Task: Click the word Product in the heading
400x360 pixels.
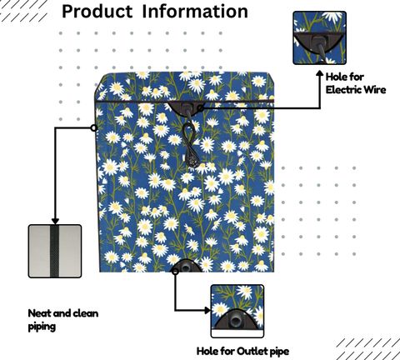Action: [x=97, y=12]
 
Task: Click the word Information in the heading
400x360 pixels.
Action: [x=195, y=11]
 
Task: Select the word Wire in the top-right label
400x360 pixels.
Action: [x=375, y=90]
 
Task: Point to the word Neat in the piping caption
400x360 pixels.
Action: [x=40, y=313]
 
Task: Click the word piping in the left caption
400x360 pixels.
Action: [x=42, y=327]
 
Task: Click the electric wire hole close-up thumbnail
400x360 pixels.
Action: [x=320, y=37]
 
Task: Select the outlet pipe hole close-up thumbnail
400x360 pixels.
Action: [x=237, y=311]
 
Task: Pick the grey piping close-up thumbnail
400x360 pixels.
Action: [x=55, y=251]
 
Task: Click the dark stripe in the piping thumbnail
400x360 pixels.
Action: [x=54, y=251]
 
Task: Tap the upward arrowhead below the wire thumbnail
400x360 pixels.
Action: [x=320, y=74]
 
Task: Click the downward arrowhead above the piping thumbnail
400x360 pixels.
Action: [x=55, y=221]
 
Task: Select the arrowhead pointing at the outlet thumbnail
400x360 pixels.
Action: [x=207, y=310]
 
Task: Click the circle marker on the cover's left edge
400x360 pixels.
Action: [x=94, y=127]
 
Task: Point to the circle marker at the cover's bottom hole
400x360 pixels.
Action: [x=175, y=272]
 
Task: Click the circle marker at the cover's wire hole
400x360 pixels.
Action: [x=200, y=108]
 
